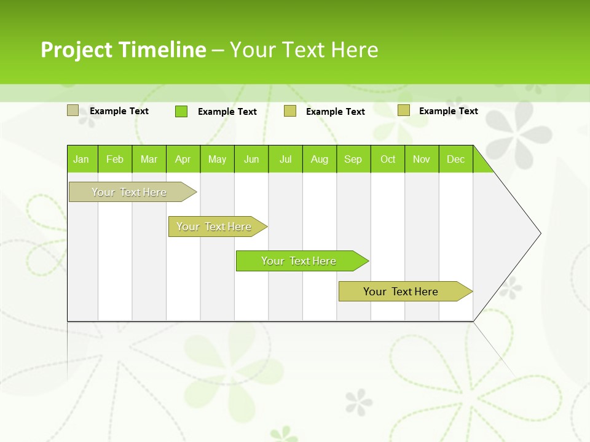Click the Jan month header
click(81, 159)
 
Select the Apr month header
click(183, 159)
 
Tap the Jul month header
click(285, 159)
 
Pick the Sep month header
click(353, 159)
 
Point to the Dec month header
click(455, 159)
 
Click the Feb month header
click(115, 159)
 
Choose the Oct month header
click(388, 159)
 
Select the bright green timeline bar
click(299, 261)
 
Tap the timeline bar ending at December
click(401, 292)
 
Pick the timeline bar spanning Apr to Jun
click(214, 227)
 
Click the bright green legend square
click(181, 111)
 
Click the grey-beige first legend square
click(73, 110)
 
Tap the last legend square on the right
click(403, 110)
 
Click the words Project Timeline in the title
click(123, 50)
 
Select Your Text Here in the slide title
click(304, 50)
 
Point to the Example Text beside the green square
click(227, 112)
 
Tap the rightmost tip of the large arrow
click(540, 233)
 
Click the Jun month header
click(251, 159)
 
